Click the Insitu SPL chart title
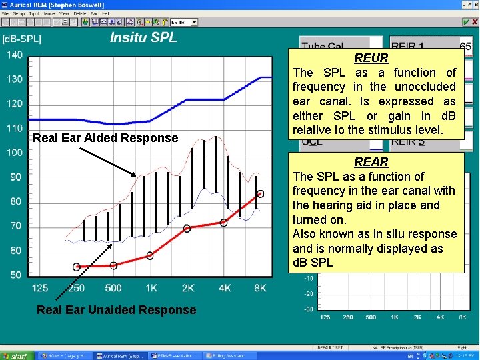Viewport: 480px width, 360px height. coord(143,37)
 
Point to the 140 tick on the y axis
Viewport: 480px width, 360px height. coord(15,55)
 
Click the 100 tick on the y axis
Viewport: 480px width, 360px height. coord(15,153)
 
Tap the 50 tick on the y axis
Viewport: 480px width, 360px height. coord(15,275)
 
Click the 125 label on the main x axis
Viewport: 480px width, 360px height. coord(40,288)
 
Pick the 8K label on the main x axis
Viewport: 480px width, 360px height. coord(260,288)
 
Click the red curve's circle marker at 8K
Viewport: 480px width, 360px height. coord(260,193)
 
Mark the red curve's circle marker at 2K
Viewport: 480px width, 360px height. coord(187,228)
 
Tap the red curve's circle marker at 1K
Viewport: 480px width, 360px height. coord(150,255)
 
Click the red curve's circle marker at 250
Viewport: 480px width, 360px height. coord(77,267)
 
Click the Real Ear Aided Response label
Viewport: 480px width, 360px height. coord(105,138)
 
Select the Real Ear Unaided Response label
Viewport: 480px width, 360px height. coord(116,310)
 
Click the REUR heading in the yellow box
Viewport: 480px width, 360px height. coord(371,58)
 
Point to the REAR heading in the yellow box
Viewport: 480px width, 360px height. coord(371,162)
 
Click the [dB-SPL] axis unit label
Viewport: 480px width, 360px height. coord(22,39)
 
